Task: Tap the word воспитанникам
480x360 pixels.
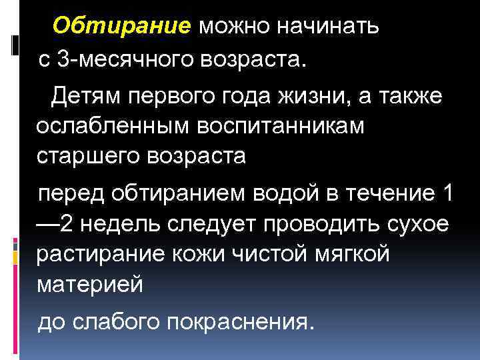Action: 267,126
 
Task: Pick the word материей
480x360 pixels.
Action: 89,285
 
